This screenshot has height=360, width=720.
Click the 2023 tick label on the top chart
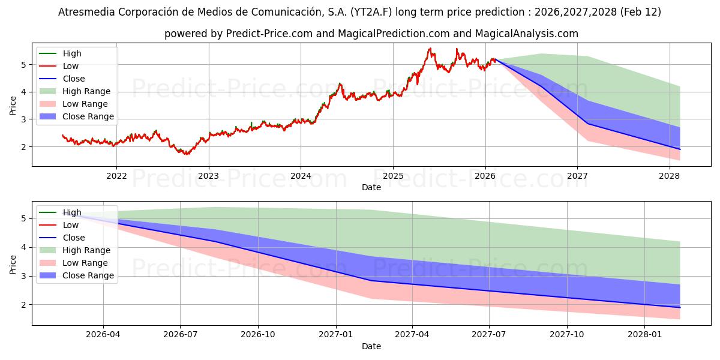point(208,176)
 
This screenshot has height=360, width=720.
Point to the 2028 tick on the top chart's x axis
point(670,176)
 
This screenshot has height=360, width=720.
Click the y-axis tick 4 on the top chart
point(24,92)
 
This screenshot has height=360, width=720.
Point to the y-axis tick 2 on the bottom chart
point(24,305)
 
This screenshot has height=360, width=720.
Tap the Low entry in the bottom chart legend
point(71,225)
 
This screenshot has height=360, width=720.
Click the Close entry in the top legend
point(74,79)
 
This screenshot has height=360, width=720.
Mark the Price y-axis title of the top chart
point(13,106)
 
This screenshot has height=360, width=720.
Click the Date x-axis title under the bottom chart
point(371,346)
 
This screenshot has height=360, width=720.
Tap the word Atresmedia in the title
point(83,12)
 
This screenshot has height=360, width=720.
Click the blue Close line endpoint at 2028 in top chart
point(680,149)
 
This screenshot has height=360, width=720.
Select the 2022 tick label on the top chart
point(116,176)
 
